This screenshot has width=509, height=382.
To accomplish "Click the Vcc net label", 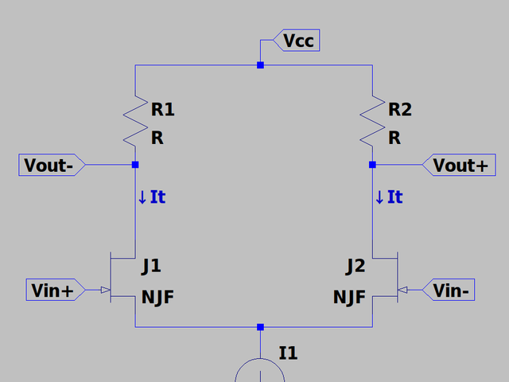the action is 297,41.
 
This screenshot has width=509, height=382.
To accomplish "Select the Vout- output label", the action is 52,165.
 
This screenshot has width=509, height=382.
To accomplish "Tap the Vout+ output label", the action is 459,165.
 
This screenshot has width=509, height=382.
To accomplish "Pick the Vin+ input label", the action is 56,290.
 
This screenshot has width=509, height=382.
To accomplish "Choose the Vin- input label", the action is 449,290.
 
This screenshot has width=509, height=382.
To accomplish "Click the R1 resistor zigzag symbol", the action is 135,121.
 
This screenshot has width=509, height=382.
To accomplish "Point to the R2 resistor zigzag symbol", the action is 372,121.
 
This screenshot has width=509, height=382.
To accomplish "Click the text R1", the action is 162,109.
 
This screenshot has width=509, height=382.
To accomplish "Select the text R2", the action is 400,109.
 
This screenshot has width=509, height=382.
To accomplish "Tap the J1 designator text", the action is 151,267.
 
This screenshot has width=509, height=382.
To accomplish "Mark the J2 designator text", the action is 356,267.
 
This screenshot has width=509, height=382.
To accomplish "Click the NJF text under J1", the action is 157,297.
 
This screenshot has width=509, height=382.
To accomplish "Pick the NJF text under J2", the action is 349,297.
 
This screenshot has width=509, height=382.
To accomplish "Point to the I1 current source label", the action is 288,353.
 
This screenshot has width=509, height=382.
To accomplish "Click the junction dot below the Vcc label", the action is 260,65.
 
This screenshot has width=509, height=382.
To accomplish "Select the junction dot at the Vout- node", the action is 135,165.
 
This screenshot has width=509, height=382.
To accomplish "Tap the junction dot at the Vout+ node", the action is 372,165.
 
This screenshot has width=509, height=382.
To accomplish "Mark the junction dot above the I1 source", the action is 260,327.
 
